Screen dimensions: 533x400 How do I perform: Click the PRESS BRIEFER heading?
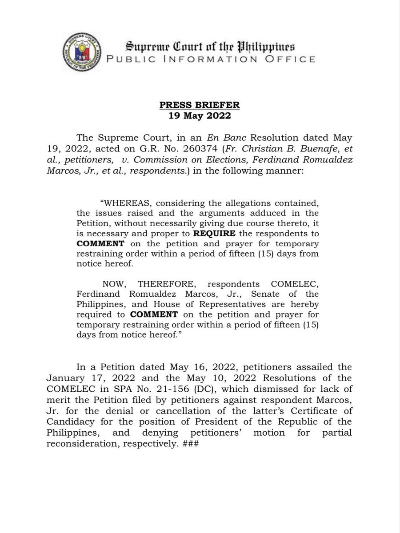coord(200,105)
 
